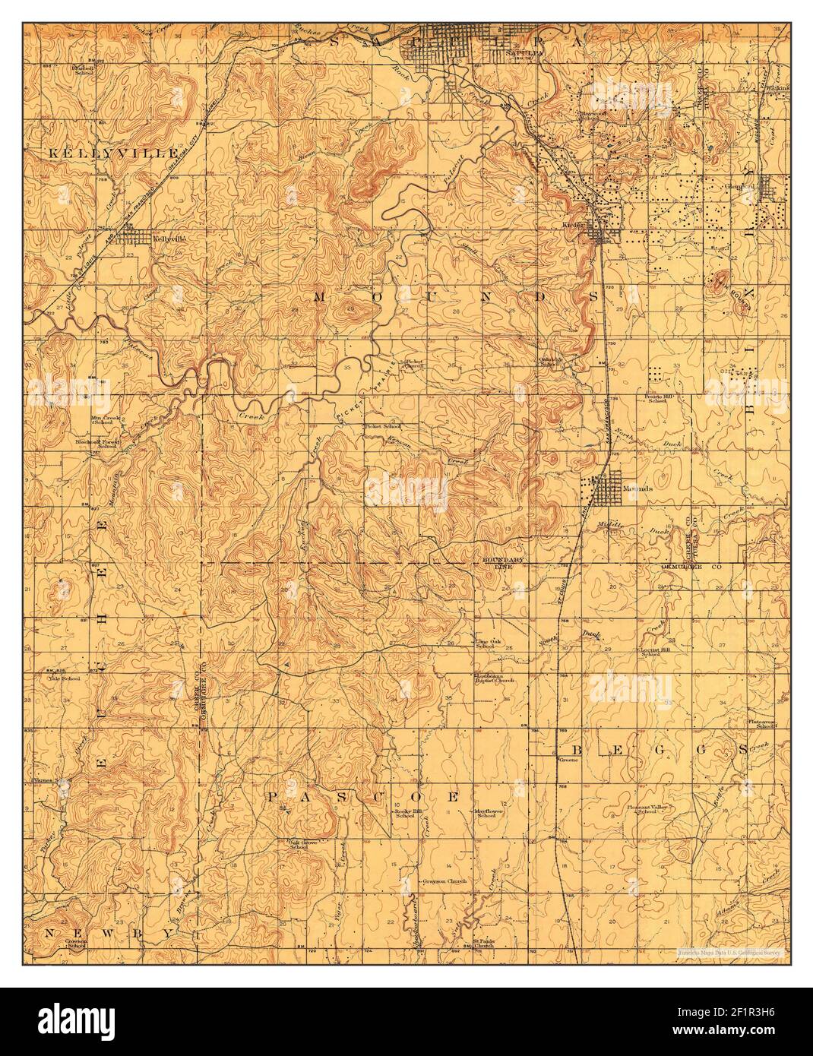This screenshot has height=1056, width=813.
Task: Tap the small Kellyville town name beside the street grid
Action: [x=169, y=238]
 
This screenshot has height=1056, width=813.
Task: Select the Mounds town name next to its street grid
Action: [x=638, y=489]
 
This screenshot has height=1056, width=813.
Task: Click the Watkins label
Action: [x=778, y=87]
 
